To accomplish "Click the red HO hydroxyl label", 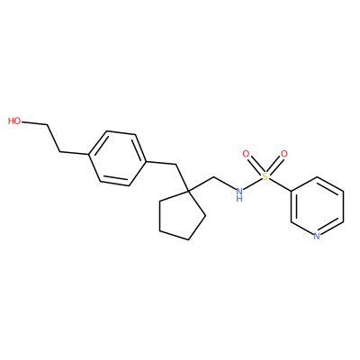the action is (14, 121).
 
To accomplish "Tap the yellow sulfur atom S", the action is (265, 176).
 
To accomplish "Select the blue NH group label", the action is (239, 194).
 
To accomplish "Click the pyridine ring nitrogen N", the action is (317, 236).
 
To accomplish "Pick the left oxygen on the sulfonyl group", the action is (246, 154).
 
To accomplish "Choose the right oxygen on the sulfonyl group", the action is (283, 154).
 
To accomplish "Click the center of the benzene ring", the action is (118, 158).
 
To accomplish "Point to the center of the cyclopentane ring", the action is (181, 216).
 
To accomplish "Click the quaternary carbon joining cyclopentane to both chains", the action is (188, 191).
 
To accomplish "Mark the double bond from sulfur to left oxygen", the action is (256, 166).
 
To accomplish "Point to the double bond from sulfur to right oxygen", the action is (274, 166).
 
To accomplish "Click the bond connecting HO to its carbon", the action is (34, 123).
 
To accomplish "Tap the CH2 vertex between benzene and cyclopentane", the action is (175, 164).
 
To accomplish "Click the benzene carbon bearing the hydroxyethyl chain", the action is (89, 155).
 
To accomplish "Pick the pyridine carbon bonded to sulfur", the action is (291, 191).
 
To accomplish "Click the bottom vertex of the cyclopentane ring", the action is (188, 239).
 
